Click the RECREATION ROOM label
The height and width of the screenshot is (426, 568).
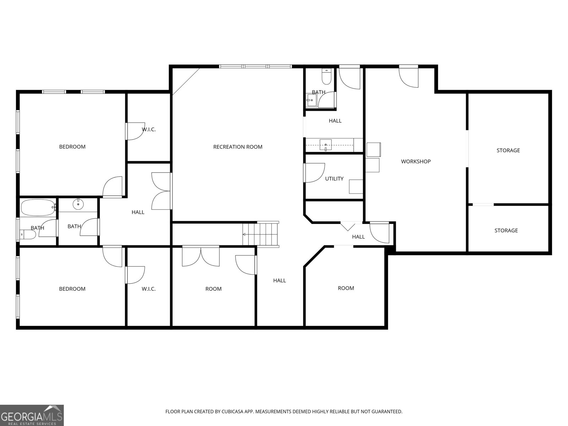tap(237, 147)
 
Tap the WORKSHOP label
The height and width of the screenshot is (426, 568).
tap(416, 162)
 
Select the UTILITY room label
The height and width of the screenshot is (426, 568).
tap(334, 179)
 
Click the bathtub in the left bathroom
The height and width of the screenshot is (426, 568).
tap(38, 207)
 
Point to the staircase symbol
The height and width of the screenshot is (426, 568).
tap(261, 234)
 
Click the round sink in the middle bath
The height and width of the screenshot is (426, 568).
tap(78, 204)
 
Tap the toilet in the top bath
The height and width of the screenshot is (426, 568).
tap(326, 77)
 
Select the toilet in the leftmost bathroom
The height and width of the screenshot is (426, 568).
tap(28, 235)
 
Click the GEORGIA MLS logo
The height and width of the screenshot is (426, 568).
tap(32, 415)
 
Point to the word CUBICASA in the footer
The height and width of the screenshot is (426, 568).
tap(232, 411)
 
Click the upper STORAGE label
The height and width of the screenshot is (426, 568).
tap(508, 150)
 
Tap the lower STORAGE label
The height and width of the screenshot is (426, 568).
tap(506, 230)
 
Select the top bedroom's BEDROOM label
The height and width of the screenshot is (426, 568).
tap(72, 147)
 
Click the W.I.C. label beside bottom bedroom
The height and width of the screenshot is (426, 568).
tap(148, 289)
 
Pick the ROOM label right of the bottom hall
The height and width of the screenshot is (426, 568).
tap(346, 288)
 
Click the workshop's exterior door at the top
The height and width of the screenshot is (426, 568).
tap(408, 77)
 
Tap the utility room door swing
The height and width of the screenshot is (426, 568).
tap(315, 173)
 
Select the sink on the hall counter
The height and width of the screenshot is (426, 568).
tap(326, 145)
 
